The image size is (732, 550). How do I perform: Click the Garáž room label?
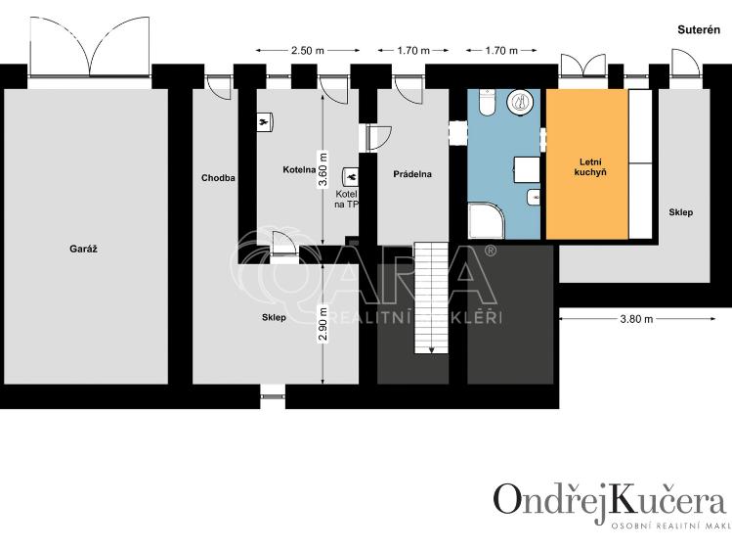pos(83,249)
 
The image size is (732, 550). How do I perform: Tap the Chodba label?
pos(218,177)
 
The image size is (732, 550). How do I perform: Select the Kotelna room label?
pos(299,168)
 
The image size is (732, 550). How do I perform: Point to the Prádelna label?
pos(411,174)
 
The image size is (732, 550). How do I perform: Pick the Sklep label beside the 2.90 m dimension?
pos(274,318)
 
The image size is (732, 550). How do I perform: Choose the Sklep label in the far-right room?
pos(680,211)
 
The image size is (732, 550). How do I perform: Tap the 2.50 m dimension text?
pos(307,49)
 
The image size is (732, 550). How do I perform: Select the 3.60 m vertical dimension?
pos(323,169)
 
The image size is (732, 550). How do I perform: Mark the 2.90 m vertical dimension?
pos(323,323)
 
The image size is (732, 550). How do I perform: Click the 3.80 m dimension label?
pos(637,318)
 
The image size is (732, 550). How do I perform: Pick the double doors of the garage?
pos(89,49)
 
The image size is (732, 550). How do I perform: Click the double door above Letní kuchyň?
pos(584,67)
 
